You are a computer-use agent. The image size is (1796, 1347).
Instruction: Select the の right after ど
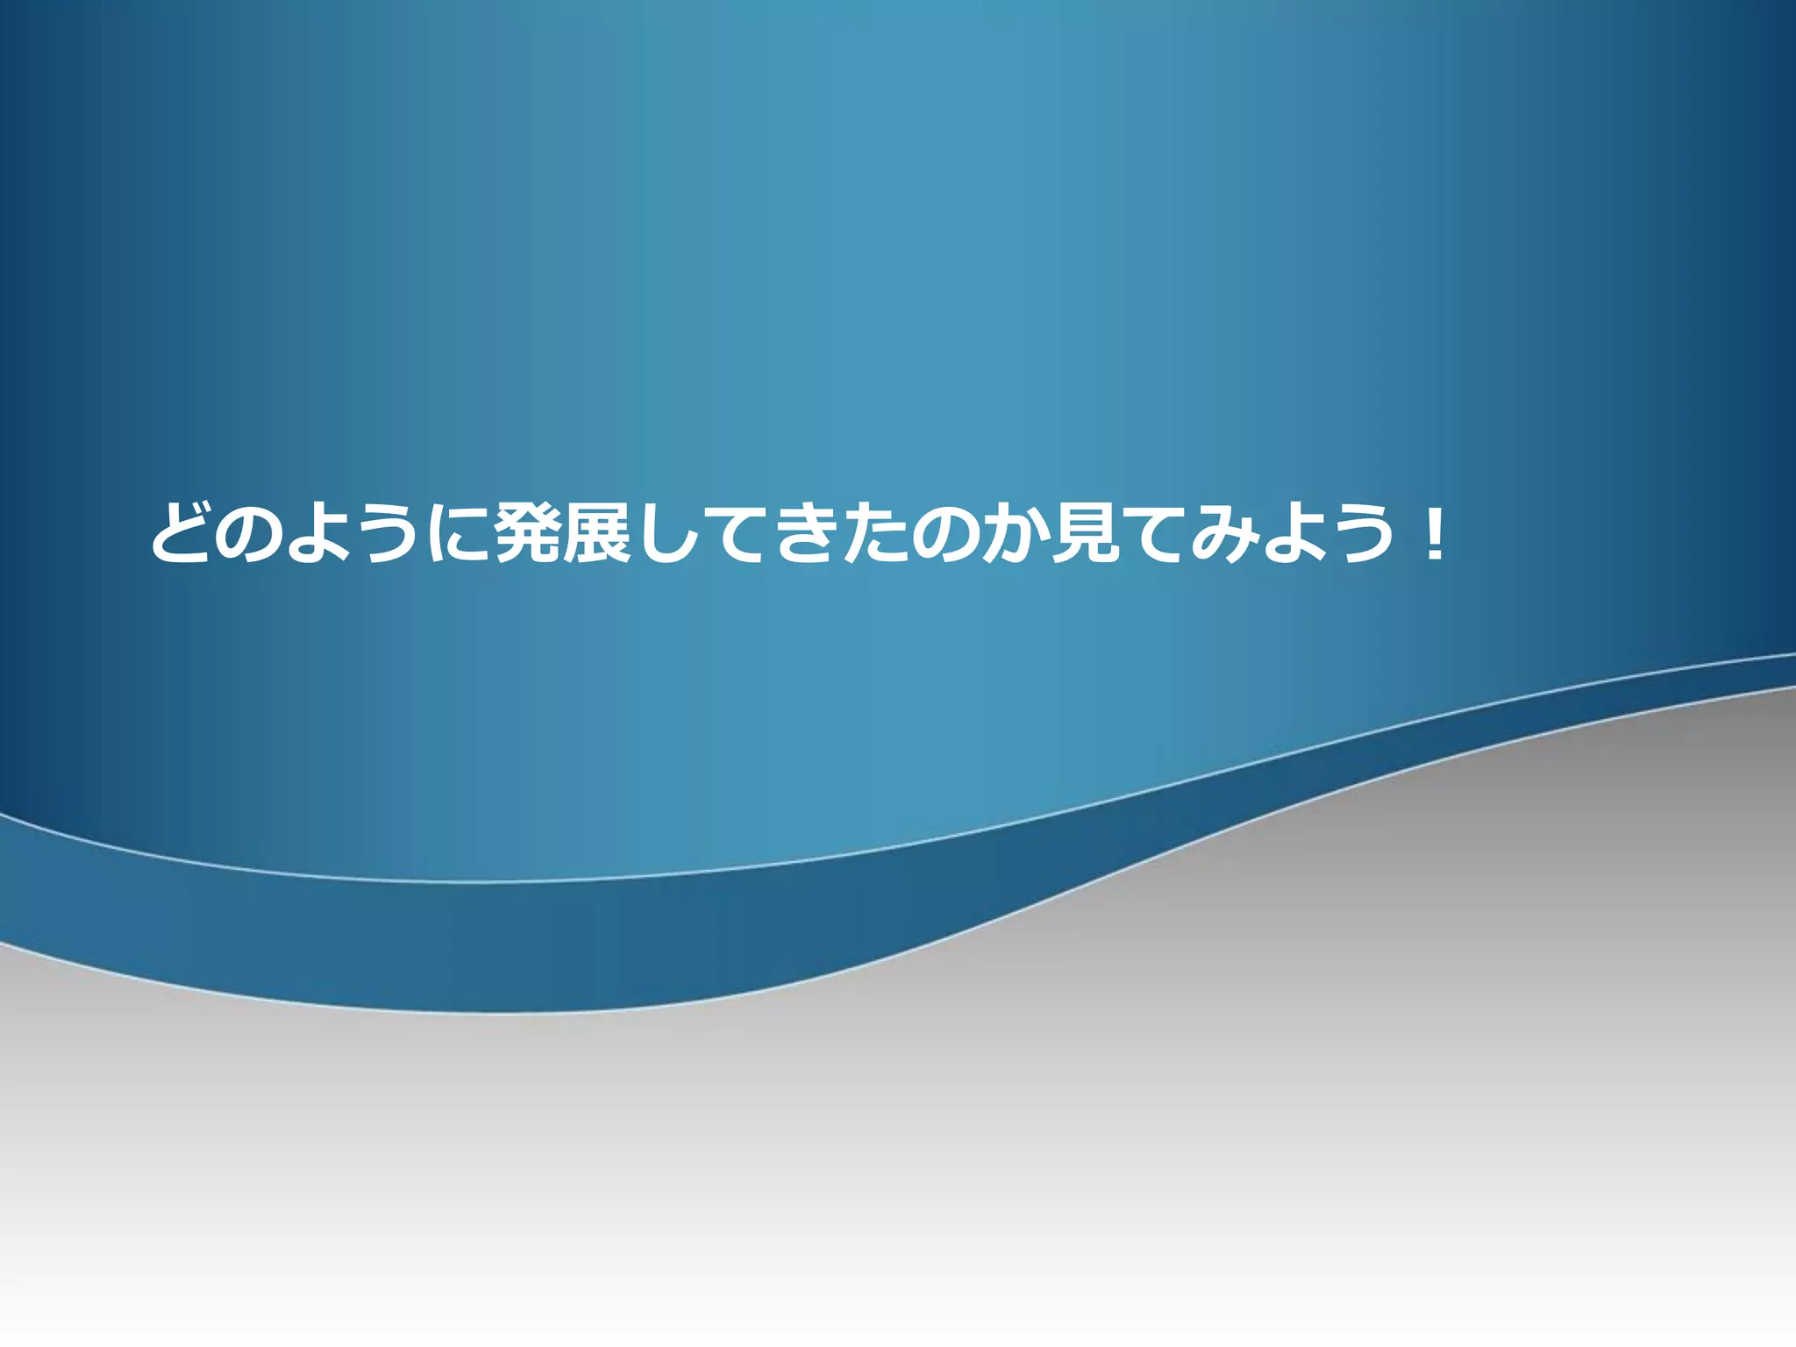[x=249, y=532]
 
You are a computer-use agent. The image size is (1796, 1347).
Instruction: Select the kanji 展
[x=597, y=532]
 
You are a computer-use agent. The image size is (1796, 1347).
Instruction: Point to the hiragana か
[x=1012, y=532]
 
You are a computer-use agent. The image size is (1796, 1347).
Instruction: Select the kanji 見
[x=1084, y=532]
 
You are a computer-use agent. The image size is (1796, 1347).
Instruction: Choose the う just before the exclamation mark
[x=1359, y=532]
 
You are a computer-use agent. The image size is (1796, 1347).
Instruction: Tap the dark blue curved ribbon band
[x=526, y=947]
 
